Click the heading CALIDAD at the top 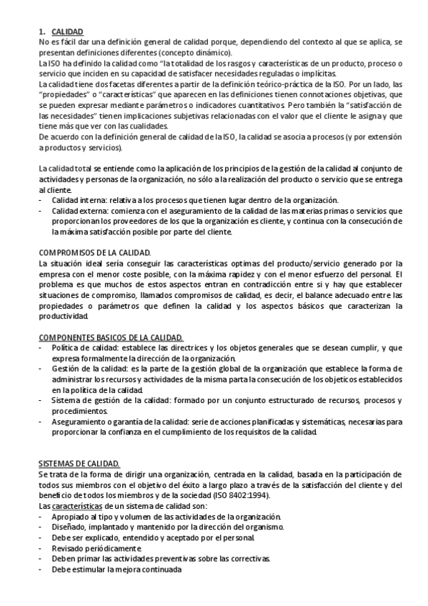coord(67,31)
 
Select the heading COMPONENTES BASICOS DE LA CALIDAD coord(110,337)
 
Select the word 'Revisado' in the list coord(68,548)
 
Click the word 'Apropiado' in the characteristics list coord(70,517)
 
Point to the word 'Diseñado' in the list coord(69,527)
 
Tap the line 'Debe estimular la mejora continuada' coord(116,570)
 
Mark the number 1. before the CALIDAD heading coord(41,31)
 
